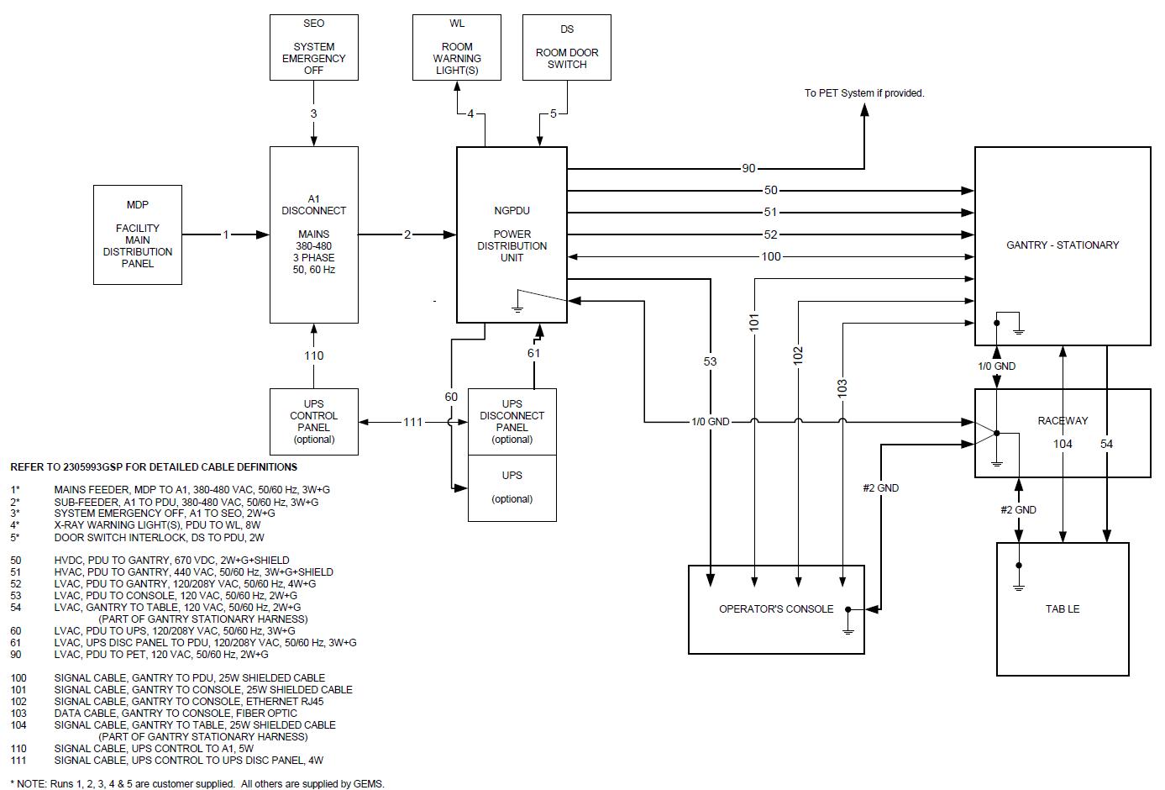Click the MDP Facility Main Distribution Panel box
point(138,234)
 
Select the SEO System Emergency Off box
point(313,47)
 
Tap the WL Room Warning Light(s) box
point(457,47)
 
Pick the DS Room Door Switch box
point(567,47)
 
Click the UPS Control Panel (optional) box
point(313,422)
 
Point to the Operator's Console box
point(776,609)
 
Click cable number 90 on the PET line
point(748,169)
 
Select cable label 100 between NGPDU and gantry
point(770,256)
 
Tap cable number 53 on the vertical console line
point(711,361)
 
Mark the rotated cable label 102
point(798,355)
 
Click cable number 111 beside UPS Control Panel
point(412,422)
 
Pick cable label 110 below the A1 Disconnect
point(313,355)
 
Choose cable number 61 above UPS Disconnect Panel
point(534,353)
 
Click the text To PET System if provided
point(864,93)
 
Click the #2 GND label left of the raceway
point(880,487)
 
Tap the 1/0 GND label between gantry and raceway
point(996,366)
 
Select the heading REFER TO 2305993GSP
point(154,467)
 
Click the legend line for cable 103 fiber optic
point(176,713)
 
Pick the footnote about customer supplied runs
point(197,783)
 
